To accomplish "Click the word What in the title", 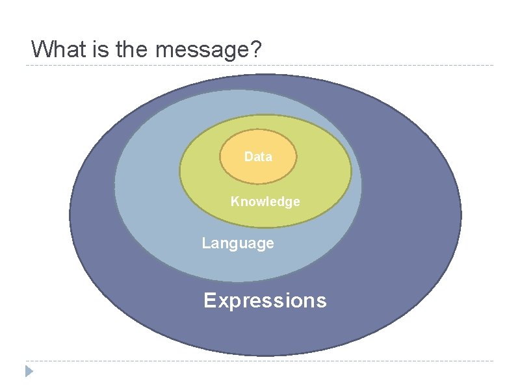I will pos(55,49).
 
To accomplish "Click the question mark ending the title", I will pos(256,49).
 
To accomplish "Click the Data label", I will pos(258,157).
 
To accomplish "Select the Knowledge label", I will pos(265,201).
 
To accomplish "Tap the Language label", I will pos(238,243).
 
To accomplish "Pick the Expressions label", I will pos(265,300).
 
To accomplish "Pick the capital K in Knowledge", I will pos(235,201).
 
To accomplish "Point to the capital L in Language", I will pos(205,243).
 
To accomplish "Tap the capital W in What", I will pos(41,49).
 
